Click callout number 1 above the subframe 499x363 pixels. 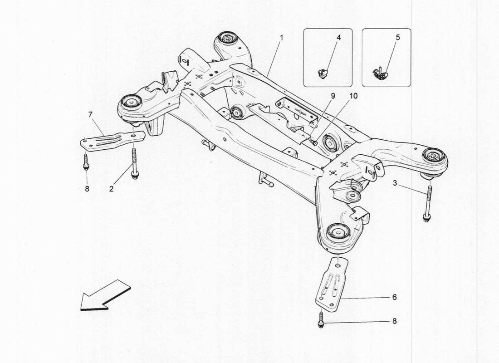[x=281, y=38]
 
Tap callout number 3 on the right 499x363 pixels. [x=395, y=183]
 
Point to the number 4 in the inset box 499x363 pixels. [x=338, y=38]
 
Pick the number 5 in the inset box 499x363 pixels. [x=397, y=38]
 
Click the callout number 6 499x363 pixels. [x=394, y=297]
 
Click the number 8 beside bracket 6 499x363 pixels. [x=394, y=321]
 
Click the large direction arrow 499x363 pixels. [x=104, y=296]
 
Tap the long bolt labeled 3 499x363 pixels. [x=427, y=202]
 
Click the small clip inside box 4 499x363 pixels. [x=323, y=72]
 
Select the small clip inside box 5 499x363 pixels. [x=380, y=73]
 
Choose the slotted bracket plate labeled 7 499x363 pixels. [x=112, y=138]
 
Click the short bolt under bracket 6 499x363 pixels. [x=321, y=319]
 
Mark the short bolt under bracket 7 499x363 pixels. [x=86, y=162]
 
